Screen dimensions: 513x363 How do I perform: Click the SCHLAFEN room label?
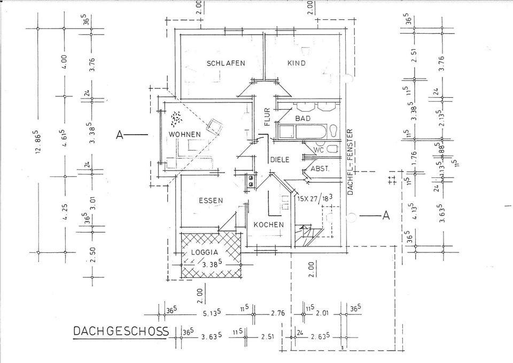226,63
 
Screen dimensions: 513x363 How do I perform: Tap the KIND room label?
297,63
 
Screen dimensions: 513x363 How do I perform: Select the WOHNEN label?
184,134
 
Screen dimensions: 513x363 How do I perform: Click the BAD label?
302,118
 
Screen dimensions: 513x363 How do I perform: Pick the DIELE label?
279,159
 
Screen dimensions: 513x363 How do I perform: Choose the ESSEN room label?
211,200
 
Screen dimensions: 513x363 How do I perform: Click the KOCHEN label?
268,225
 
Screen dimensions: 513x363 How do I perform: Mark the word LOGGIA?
204,252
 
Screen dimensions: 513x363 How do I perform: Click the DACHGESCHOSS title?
121,331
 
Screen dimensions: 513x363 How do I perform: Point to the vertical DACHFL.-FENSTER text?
351,160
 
